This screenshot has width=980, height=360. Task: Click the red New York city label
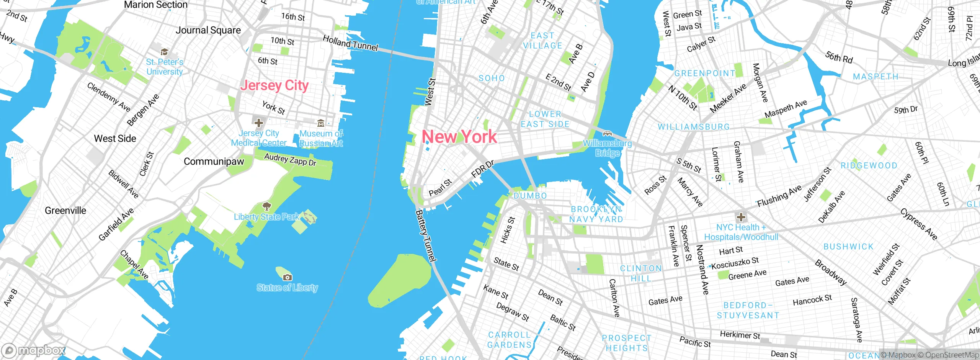459,137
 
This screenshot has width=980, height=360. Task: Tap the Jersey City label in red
274,85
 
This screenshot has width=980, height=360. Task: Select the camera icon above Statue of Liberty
287,277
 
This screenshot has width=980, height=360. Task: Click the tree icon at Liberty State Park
266,207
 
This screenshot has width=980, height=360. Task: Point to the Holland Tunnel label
350,43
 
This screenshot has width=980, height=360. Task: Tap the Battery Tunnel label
426,236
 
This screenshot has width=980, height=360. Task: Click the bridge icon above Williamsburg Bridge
607,134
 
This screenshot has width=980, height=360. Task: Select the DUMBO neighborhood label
530,196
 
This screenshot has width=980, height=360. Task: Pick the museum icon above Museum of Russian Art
321,123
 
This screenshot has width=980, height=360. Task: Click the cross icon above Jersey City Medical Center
259,123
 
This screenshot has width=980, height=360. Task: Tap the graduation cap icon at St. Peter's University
164,52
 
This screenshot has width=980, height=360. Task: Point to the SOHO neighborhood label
492,78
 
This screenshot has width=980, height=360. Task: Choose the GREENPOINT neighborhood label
705,73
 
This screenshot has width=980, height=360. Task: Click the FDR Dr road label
483,169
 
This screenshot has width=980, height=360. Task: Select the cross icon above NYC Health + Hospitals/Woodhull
741,217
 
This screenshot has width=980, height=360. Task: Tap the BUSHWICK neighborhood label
848,247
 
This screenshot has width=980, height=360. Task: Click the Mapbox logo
33,350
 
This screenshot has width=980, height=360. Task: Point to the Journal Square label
208,30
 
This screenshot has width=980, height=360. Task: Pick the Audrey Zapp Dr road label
290,160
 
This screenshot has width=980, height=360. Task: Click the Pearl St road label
440,187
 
